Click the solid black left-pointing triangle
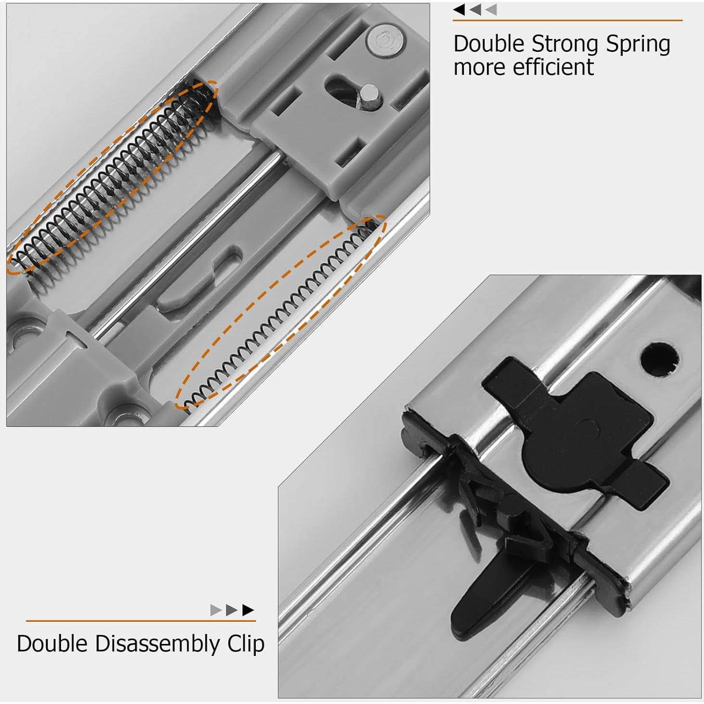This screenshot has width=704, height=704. coord(459,10)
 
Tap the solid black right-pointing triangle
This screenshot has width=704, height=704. coord(248,610)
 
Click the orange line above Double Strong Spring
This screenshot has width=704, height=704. coord(567,21)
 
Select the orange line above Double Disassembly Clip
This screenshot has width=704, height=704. coord(140,621)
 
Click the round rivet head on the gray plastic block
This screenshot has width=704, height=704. coord(385,40)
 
